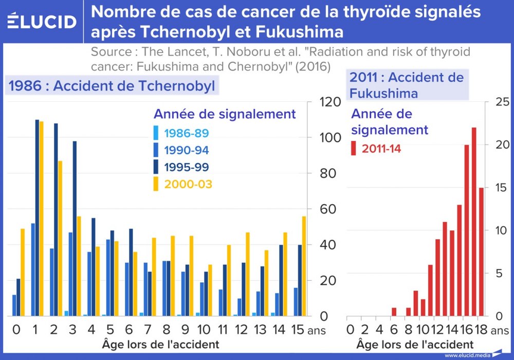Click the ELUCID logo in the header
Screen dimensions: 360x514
42,22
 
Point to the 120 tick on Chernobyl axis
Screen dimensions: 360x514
329,102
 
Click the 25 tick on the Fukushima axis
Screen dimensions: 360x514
502,102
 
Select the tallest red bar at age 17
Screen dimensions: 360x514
474,221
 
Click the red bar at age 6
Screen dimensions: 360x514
394,312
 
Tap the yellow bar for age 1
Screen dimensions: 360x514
42,219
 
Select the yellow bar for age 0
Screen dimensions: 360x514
23,272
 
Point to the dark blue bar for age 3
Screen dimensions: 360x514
75,228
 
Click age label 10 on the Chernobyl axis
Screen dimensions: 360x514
204,329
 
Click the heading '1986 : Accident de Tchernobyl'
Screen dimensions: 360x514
112,85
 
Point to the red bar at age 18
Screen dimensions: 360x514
481,251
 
